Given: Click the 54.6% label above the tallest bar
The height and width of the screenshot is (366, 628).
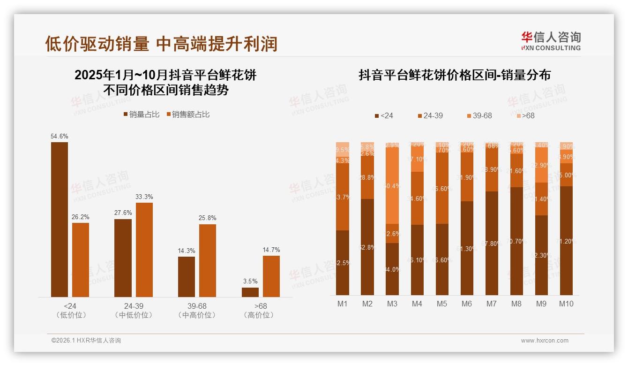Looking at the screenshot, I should [60, 137].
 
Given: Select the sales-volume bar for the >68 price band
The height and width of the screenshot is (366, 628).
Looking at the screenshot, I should [250, 292].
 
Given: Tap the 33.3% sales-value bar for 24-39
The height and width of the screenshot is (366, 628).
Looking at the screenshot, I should [144, 250].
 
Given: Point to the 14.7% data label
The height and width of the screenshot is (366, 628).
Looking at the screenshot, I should [271, 250].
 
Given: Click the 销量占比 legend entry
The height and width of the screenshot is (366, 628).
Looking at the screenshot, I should [142, 114].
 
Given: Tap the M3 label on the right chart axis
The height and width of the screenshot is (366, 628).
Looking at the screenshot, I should [392, 304].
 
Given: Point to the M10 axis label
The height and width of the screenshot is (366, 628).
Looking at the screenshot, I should [566, 304].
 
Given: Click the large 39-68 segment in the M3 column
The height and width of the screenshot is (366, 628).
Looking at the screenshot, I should [392, 186].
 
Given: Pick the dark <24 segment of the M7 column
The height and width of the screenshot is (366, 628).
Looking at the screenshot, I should [492, 243].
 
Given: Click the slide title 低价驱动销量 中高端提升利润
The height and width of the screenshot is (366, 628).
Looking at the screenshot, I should [161, 44].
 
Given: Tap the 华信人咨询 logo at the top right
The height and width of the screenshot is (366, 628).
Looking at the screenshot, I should [551, 41].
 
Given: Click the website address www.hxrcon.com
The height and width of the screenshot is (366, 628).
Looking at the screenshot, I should [545, 341].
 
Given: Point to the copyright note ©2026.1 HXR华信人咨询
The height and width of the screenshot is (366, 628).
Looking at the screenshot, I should [86, 341].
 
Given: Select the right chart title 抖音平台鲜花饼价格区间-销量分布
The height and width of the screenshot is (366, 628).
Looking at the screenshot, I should [455, 75].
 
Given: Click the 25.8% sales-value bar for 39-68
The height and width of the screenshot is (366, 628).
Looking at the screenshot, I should [208, 260].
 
